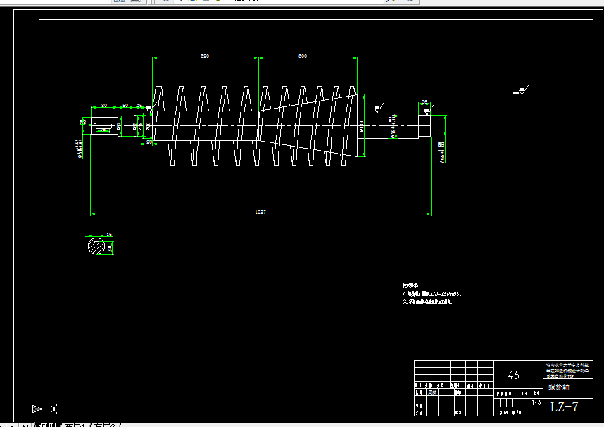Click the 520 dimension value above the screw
pyautogui.click(x=205, y=55)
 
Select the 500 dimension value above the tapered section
pyautogui.click(x=302, y=55)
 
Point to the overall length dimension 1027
pyautogui.click(x=260, y=211)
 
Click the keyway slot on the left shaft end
pyautogui.click(x=103, y=125)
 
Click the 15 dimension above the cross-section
pyautogui.click(x=109, y=234)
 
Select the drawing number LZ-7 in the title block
pyautogui.click(x=564, y=407)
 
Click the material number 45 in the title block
pyautogui.click(x=514, y=375)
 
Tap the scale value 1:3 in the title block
pyautogui.click(x=536, y=402)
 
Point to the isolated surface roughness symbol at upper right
pyautogui.click(x=522, y=90)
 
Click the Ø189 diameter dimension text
pyautogui.click(x=361, y=127)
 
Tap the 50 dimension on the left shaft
pyautogui.click(x=125, y=105)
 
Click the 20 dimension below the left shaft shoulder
pyautogui.click(x=149, y=142)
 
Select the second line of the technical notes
pyautogui.click(x=427, y=302)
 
